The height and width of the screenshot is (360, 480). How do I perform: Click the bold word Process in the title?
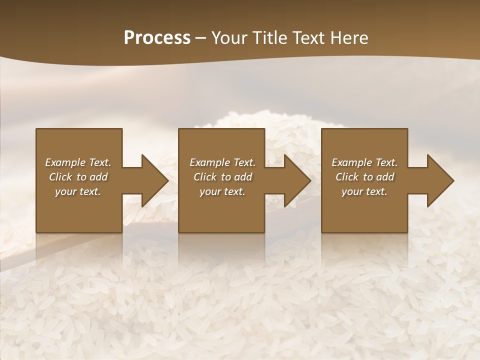click(157, 38)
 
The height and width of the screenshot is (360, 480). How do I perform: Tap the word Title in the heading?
click(270, 38)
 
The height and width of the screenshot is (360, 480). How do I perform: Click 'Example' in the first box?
click(65, 162)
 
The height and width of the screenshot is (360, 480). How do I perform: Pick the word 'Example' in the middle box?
click(209, 162)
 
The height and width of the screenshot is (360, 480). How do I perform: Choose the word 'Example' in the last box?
click(351, 162)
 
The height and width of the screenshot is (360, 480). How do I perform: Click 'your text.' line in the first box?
click(78, 191)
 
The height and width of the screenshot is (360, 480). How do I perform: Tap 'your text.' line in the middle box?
click(222, 191)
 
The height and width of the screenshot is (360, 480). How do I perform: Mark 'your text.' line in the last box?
click(364, 191)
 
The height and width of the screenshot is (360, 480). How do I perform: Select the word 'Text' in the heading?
click(307, 38)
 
